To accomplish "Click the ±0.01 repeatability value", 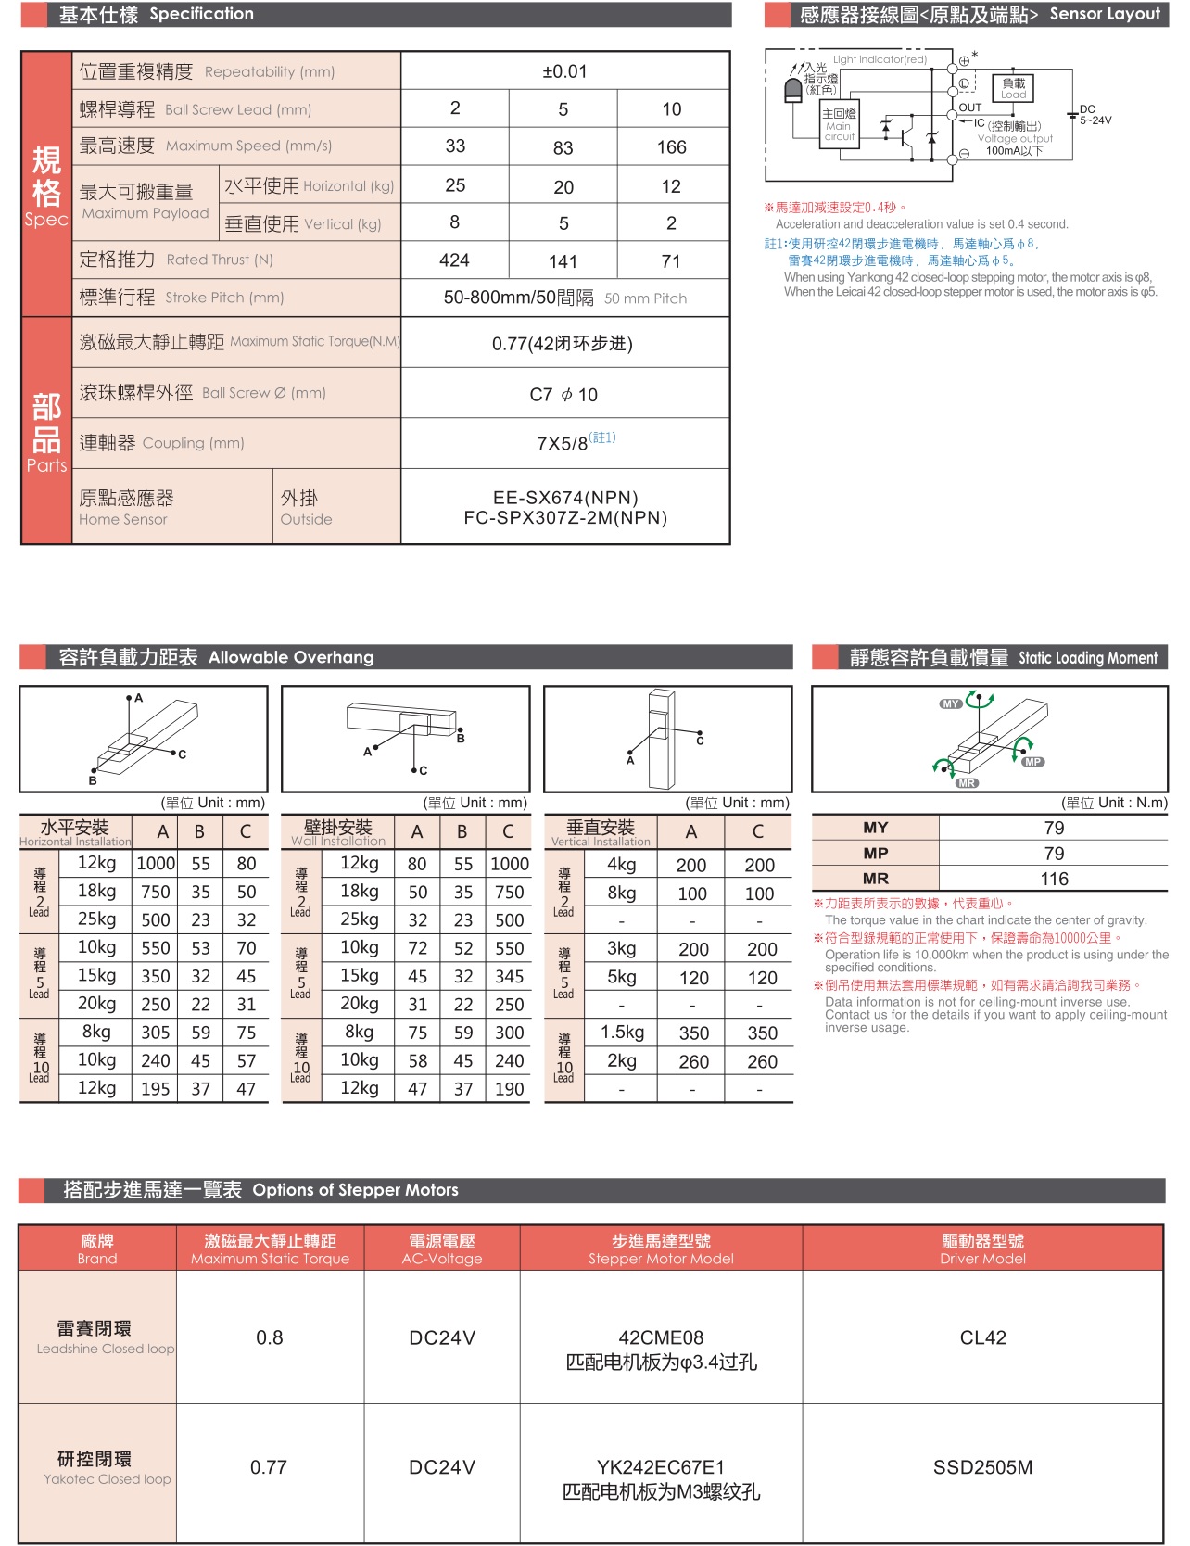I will pos(564,71).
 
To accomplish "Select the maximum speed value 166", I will pos(671,147).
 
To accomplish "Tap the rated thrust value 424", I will pos(454,260).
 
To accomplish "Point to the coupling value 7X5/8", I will pos(563,443).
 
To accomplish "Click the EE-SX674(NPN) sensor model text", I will pos(565,498).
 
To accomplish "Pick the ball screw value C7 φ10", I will pos(563,395).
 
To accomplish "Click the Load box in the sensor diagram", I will pos(1013,88).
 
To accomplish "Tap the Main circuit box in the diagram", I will pos(839,124).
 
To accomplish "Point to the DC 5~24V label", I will pos(1095,115).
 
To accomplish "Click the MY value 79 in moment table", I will pos(1054,828).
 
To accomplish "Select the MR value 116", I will pos(1054,879).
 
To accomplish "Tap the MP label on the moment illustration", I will pos(1033,762).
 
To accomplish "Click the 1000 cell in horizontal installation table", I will pos(156,864).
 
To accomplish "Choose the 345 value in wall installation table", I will pos(509,977).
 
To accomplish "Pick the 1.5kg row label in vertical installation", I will pos(621,1033).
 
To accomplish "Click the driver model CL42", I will pos(982,1337).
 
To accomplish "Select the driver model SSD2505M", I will pos(982,1467).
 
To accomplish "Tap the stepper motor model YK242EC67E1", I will pos(661,1467).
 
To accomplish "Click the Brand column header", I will pos(97,1248).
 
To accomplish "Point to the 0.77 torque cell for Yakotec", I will pos(269,1467).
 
